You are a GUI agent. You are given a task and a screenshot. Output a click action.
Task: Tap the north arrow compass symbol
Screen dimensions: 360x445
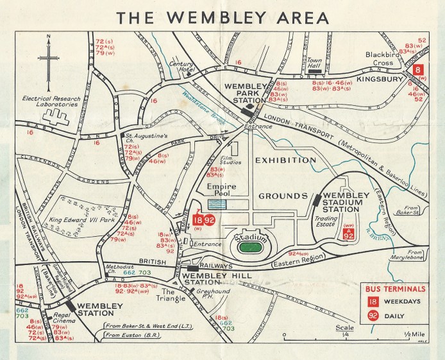point(49,61)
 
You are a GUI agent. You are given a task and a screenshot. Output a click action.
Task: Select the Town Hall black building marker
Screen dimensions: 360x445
point(315,63)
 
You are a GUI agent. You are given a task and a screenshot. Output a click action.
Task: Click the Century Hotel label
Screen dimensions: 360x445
point(181,67)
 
